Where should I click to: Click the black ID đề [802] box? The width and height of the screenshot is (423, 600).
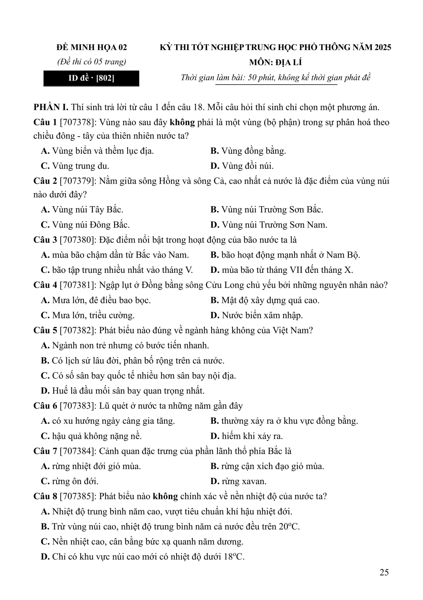pos(91,78)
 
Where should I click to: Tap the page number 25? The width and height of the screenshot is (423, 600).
pos(384,572)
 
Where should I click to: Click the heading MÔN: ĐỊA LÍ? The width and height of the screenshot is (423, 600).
pos(275,62)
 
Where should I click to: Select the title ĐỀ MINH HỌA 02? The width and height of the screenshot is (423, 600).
pos(92,47)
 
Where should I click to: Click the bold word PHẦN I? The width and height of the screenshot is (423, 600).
pos(51,107)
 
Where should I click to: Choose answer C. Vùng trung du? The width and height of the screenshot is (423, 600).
pos(75,166)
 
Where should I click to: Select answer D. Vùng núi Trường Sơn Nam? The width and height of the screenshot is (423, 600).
pos(269,225)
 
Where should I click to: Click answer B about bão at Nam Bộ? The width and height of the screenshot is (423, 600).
pos(285,255)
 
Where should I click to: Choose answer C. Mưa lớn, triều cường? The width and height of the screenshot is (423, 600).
pos(88,315)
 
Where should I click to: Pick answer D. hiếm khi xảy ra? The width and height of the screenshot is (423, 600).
pos(247,436)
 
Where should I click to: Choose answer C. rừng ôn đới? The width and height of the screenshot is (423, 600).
pos(69,481)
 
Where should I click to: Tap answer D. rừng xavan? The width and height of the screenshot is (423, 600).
pos(238,481)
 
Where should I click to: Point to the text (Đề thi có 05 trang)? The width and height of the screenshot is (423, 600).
pos(92,62)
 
